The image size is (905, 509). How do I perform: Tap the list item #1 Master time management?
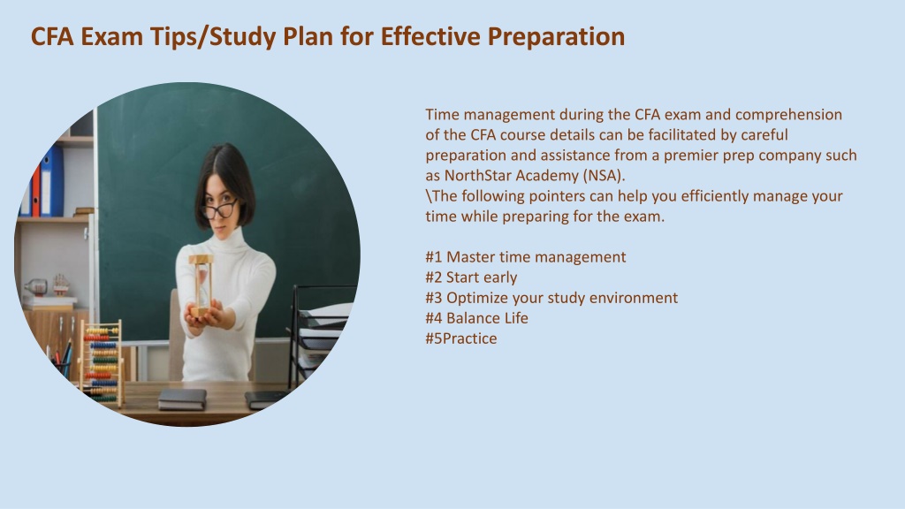tap(525, 257)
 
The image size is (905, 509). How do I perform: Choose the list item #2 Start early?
tap(471, 277)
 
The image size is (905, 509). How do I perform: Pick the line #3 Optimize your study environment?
tap(551, 298)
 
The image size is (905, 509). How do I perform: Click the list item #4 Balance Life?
tap(476, 318)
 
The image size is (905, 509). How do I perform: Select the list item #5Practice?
tap(461, 338)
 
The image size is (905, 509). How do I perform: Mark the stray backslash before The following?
tap(429, 195)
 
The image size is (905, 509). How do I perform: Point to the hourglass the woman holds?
tap(201, 286)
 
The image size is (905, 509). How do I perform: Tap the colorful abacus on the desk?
tap(103, 363)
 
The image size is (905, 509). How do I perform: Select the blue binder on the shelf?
tap(52, 180)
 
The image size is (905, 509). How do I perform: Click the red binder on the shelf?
tap(35, 191)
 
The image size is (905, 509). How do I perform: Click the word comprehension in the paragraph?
tap(788, 115)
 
